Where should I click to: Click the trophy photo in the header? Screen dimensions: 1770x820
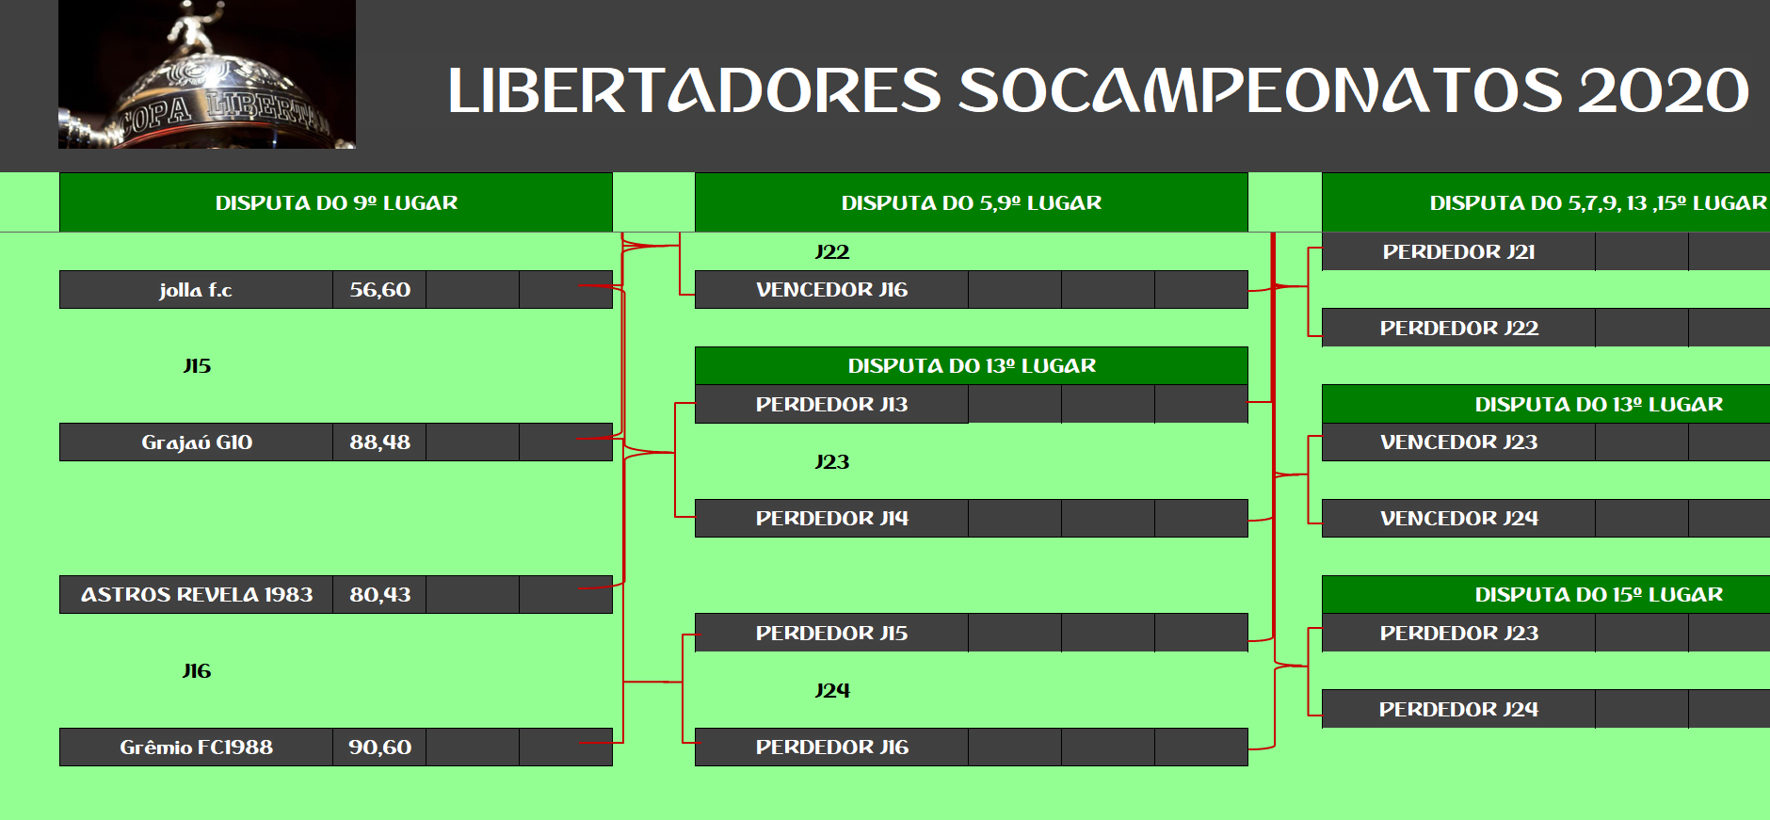click(x=207, y=74)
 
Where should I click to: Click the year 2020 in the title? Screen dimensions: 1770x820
click(x=1664, y=91)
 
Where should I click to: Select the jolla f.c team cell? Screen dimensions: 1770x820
click(x=196, y=290)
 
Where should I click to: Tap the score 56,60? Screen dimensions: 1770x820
click(x=379, y=290)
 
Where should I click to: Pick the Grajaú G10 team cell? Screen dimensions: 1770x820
click(x=196, y=442)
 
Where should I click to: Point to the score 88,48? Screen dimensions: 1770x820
click(x=379, y=442)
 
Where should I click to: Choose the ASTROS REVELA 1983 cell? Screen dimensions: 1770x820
click(x=196, y=595)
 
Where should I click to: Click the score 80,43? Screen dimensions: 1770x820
click(x=379, y=595)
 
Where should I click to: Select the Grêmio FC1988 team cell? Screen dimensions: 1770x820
click(x=196, y=748)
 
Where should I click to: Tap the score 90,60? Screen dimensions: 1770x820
click(x=379, y=748)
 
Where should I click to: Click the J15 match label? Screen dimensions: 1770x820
click(x=197, y=366)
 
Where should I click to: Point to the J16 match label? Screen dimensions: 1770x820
click(x=197, y=671)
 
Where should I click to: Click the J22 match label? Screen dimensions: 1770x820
click(x=832, y=252)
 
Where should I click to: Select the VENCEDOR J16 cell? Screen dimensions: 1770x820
click(x=831, y=290)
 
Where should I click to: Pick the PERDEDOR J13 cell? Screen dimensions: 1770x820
click(x=831, y=405)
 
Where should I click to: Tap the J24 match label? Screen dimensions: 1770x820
click(x=832, y=691)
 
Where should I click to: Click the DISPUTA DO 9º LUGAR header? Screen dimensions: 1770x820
click(x=336, y=202)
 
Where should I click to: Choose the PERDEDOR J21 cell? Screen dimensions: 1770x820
click(x=1458, y=252)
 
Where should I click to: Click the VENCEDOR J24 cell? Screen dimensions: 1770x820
click(x=1458, y=519)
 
